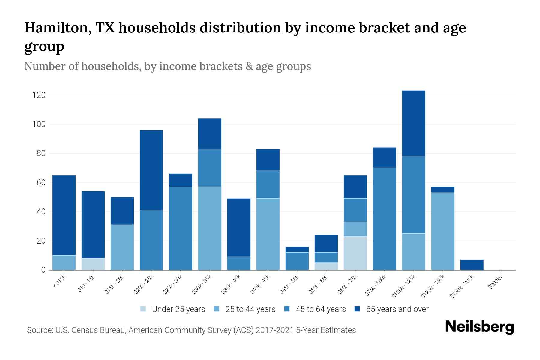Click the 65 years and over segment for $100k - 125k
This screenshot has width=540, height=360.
(x=413, y=123)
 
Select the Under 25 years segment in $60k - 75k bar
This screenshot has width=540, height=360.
(x=355, y=253)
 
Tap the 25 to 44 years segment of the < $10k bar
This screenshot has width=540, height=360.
(x=64, y=262)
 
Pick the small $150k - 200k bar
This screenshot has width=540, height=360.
(x=472, y=265)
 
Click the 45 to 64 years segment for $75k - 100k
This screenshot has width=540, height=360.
(x=384, y=219)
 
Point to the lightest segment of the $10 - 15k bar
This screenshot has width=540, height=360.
(x=93, y=264)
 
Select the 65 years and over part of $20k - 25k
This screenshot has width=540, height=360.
(x=151, y=170)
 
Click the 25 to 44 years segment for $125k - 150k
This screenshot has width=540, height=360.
(x=442, y=231)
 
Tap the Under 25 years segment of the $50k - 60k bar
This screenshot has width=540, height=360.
(x=326, y=266)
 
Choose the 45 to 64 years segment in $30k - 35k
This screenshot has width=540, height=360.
(x=209, y=168)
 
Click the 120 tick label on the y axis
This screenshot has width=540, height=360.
(x=39, y=95)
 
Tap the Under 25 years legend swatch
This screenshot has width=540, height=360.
(x=143, y=309)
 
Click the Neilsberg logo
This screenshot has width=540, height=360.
(x=480, y=327)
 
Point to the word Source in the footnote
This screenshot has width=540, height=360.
(x=39, y=330)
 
